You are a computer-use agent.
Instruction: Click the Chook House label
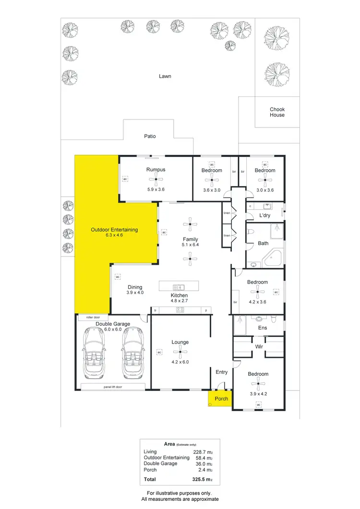[277, 112]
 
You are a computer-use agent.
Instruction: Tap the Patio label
[150, 136]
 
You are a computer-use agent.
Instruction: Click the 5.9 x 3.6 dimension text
[156, 189]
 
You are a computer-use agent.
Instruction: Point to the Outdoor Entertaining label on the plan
[114, 230]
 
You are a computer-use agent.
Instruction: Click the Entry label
[222, 372]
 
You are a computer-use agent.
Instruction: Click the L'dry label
[265, 216]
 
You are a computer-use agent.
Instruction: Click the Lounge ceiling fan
[180, 353]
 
